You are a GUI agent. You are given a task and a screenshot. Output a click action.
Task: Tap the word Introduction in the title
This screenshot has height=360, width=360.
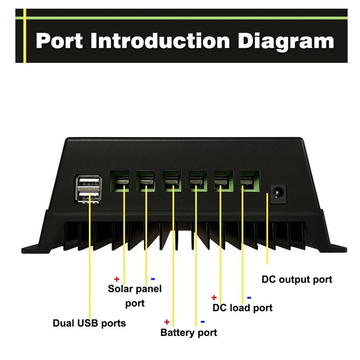pyautogui.click(x=160, y=41)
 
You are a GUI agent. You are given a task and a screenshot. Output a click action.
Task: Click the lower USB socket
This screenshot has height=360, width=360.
pyautogui.click(x=89, y=195)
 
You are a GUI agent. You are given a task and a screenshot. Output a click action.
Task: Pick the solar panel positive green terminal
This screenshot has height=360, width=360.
pyautogui.click(x=120, y=181)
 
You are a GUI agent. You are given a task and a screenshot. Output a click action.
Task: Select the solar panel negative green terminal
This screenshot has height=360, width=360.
pyautogui.click(x=146, y=181)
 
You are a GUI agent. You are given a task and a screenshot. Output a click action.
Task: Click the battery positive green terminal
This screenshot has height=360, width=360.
pyautogui.click(x=172, y=181)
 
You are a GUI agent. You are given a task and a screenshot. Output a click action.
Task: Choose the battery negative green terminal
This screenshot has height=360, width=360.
pyautogui.click(x=198, y=181)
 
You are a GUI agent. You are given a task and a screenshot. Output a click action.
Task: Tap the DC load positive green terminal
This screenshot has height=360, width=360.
pyautogui.click(x=224, y=181)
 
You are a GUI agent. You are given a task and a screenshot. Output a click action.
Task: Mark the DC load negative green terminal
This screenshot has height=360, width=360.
pyautogui.click(x=250, y=181)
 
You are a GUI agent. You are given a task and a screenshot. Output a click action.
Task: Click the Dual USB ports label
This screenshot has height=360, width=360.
pyautogui.click(x=89, y=323)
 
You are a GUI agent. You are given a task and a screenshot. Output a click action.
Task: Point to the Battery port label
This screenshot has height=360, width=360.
pyautogui.click(x=189, y=332)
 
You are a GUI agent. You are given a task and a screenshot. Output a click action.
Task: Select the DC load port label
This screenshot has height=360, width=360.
pyautogui.click(x=243, y=308)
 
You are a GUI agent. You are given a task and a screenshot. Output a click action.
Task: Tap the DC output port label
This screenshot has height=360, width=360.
pyautogui.click(x=297, y=280)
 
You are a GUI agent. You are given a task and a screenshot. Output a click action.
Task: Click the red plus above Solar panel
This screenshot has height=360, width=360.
pyautogui.click(x=117, y=279)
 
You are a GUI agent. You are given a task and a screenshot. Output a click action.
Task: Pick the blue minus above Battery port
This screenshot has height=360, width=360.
pyautogui.click(x=202, y=322)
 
